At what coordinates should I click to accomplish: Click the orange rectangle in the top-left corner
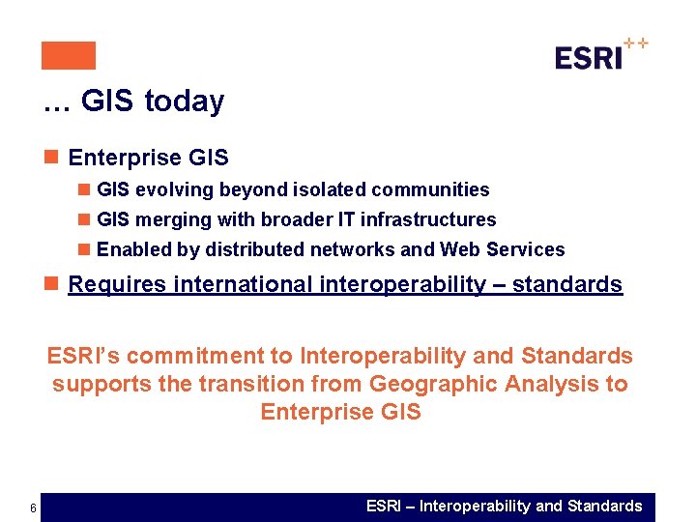69,56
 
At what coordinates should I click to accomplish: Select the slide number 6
33,509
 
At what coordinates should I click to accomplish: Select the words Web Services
502,249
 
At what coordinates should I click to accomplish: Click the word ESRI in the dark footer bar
386,507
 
